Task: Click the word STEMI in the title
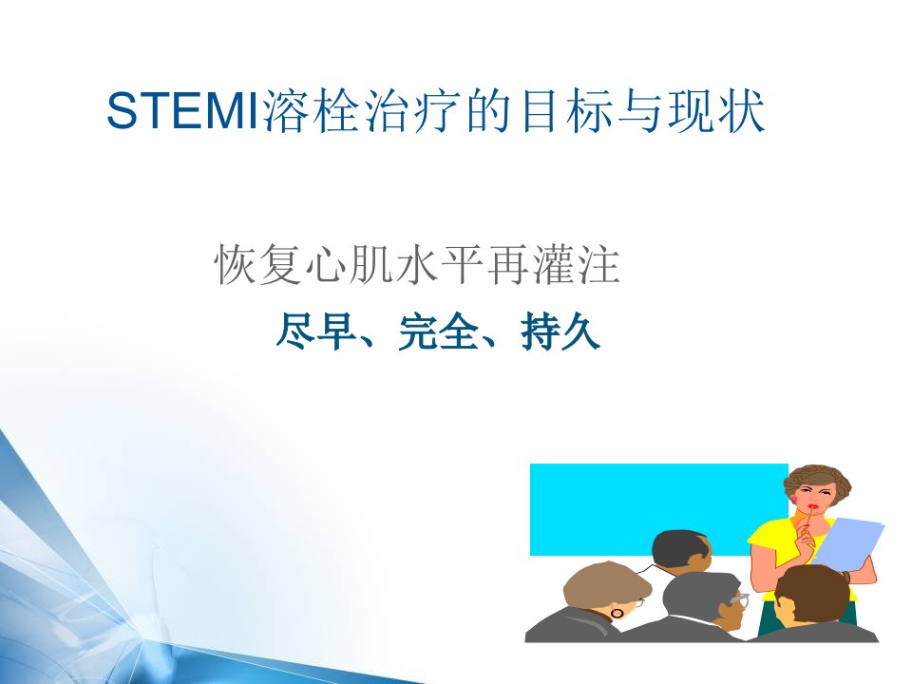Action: coord(182,111)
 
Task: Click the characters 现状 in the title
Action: coord(715,111)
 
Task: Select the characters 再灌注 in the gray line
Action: coord(553,265)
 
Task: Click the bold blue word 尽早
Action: coord(315,332)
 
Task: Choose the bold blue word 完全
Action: coord(439,332)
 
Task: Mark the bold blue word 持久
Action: coord(560,332)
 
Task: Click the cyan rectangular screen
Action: coord(658,508)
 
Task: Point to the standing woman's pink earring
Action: coord(792,499)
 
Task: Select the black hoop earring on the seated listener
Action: coord(617,613)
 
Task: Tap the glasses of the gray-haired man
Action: coord(739,598)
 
